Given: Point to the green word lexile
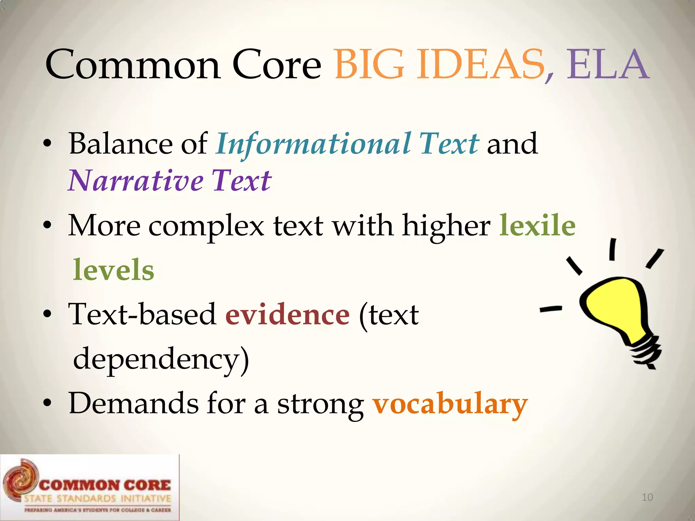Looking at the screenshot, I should click(x=538, y=225).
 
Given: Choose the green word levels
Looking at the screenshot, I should click(x=114, y=270).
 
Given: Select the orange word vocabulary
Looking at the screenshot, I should click(x=450, y=404).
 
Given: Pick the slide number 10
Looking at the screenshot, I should click(x=647, y=497).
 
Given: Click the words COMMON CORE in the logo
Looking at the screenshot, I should click(x=105, y=485).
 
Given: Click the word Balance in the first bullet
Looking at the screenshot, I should click(x=120, y=144).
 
